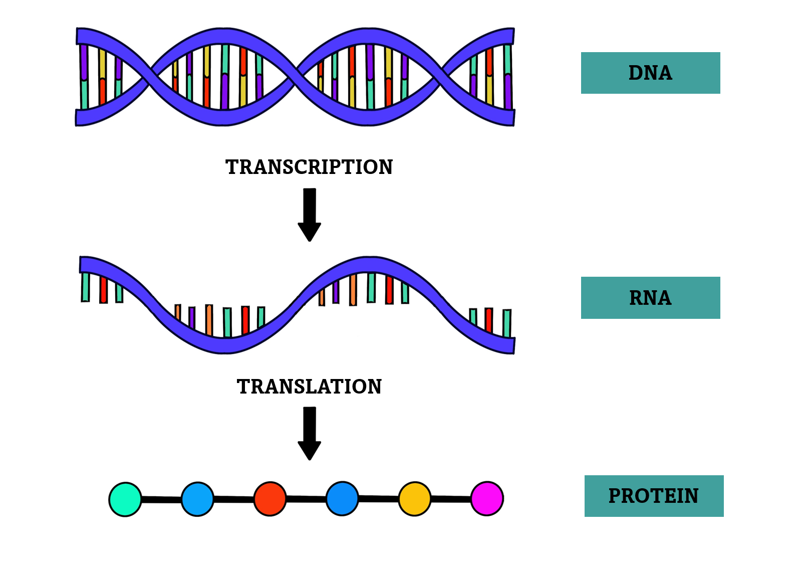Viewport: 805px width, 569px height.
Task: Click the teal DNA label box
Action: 650,73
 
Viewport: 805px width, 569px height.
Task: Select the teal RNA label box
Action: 650,298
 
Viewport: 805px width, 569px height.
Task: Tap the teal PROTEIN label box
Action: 654,496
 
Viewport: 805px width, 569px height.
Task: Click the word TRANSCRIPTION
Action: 309,167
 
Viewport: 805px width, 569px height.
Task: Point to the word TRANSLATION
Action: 309,387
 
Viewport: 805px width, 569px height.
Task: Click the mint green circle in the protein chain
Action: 125,499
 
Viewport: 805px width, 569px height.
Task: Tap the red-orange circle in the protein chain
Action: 270,499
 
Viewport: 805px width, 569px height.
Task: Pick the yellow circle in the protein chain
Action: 415,499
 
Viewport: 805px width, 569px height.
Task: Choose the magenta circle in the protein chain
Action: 487,498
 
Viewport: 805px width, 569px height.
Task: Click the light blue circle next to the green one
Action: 197,499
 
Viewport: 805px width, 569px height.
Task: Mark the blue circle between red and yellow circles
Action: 342,499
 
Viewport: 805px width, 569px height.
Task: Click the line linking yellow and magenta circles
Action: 451,499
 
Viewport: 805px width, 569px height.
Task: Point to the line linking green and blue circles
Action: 161,499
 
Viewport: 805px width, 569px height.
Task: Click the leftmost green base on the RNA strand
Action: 86,287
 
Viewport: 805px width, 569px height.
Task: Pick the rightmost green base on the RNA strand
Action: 507,323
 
